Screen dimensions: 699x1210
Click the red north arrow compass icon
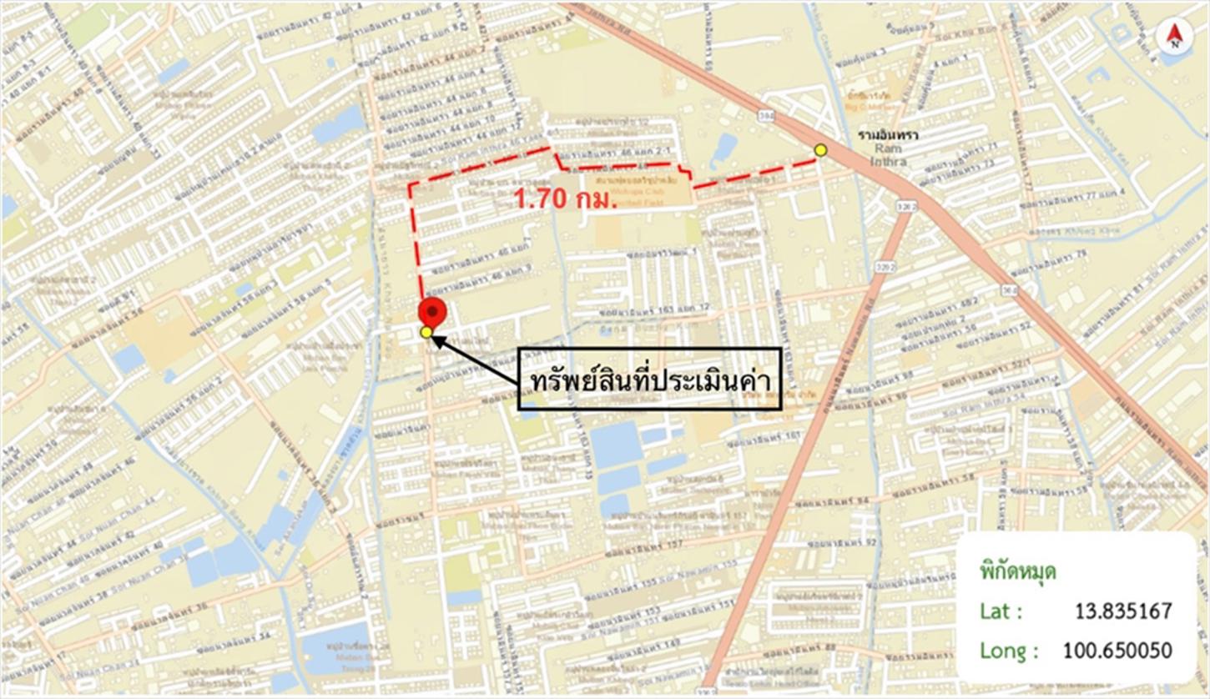pyautogui.click(x=1174, y=36)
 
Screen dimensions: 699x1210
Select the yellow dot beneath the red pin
pyautogui.click(x=426, y=333)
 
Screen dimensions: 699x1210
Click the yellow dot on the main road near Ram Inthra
pyautogui.click(x=820, y=149)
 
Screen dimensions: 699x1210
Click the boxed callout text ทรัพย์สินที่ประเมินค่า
pyautogui.click(x=649, y=380)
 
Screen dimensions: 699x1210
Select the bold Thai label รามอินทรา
pyautogui.click(x=882, y=133)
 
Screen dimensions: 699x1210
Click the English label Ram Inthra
pyautogui.click(x=882, y=153)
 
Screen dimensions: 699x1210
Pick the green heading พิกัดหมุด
pyautogui.click(x=1018, y=572)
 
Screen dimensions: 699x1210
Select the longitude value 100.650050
pyautogui.click(x=1117, y=650)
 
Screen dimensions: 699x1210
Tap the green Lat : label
pyautogui.click(x=1001, y=611)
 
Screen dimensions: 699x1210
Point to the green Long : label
pyautogui.click(x=1009, y=650)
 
